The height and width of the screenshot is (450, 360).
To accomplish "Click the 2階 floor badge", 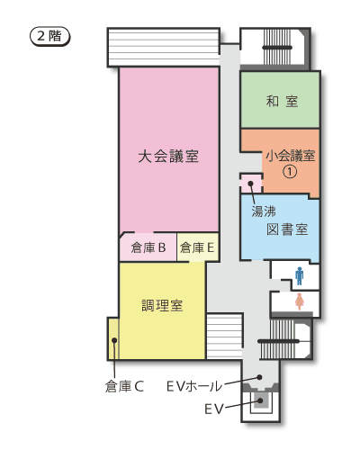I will [49, 37].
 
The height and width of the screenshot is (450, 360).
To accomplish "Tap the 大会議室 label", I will [168, 156].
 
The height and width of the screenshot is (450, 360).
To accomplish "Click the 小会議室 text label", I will [290, 155].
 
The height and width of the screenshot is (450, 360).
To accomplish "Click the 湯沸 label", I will [263, 211].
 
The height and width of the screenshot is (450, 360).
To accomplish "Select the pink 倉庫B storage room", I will [148, 247].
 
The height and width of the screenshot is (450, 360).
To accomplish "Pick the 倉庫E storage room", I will [196, 247].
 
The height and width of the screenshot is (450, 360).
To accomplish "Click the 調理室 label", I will [162, 305].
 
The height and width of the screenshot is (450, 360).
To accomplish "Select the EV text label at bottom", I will [212, 409].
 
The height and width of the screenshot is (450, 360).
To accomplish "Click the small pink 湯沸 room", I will [252, 184].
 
